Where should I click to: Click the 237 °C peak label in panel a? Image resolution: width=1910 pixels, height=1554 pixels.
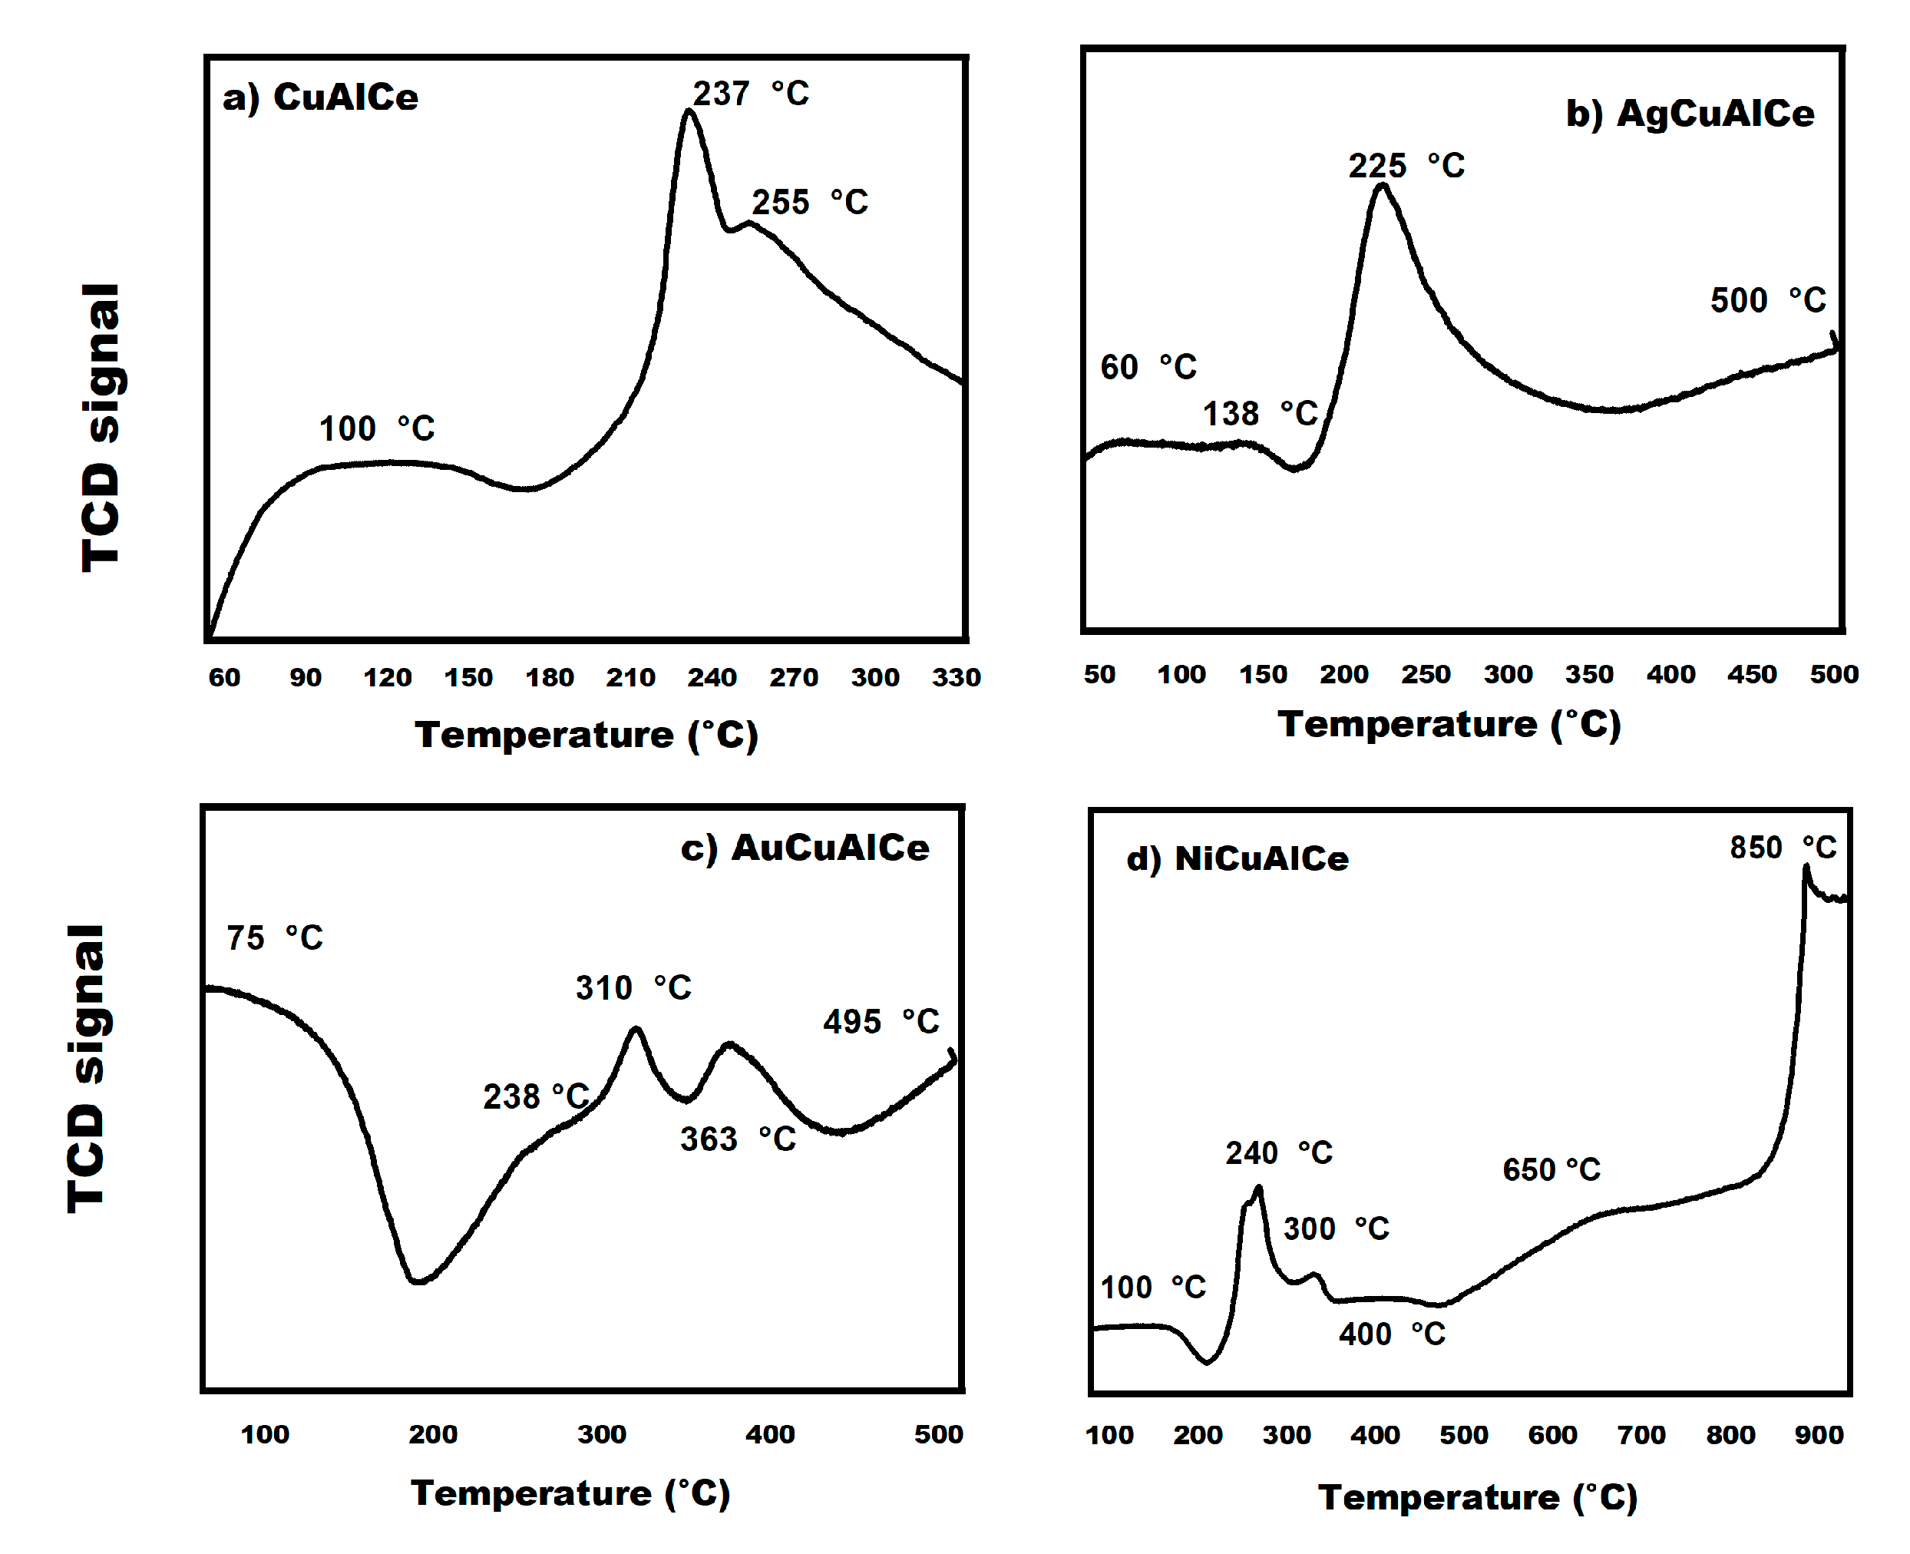(x=750, y=93)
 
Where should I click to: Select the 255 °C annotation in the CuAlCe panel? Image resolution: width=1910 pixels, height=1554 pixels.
(x=809, y=201)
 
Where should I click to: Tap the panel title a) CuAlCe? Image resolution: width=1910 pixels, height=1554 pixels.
(x=319, y=97)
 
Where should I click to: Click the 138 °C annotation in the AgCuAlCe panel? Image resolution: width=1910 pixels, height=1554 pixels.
(x=1258, y=414)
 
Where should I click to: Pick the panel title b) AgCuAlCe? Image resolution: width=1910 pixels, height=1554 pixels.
(x=1689, y=114)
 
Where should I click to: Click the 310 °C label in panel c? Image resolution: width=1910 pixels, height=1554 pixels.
(x=633, y=987)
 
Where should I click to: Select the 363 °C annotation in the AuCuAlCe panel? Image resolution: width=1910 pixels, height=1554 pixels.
(x=738, y=1139)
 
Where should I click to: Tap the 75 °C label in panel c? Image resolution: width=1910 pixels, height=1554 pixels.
(x=274, y=937)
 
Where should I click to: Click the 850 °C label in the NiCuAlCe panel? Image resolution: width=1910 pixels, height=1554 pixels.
(x=1782, y=847)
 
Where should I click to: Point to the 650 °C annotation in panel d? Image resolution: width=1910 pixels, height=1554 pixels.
(x=1550, y=1169)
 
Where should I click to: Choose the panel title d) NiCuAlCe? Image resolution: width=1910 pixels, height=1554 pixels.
(x=1236, y=858)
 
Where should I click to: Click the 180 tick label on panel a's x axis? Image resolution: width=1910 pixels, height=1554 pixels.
(x=549, y=678)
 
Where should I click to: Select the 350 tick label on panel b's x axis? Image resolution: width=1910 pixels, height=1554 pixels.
(x=1588, y=674)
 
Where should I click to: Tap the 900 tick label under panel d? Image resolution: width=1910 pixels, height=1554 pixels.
(x=1818, y=1435)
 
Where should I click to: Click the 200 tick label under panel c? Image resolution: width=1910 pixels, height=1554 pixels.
(x=432, y=1434)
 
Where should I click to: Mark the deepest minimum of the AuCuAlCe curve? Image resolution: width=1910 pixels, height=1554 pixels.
(x=417, y=1281)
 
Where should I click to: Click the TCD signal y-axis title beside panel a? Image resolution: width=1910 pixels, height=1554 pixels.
(x=101, y=427)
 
